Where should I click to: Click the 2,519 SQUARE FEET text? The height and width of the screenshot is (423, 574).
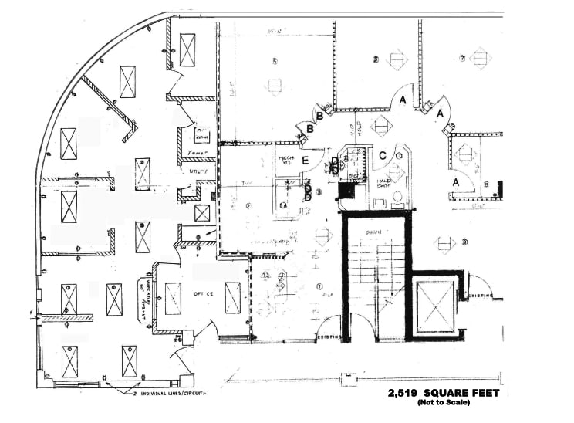[444, 393]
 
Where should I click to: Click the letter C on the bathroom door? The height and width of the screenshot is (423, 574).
[382, 154]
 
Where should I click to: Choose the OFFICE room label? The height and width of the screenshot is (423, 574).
[202, 294]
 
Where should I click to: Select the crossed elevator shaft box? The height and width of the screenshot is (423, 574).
[434, 306]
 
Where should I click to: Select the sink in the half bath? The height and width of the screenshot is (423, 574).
[380, 203]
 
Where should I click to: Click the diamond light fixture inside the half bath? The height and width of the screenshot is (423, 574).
[398, 155]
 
